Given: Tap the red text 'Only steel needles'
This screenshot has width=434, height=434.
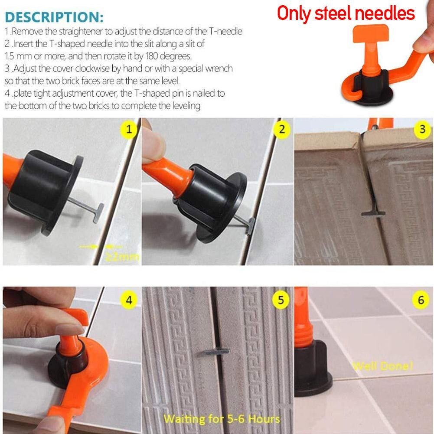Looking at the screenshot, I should [346, 13].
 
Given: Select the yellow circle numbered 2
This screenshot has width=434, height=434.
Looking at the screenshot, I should [282, 129].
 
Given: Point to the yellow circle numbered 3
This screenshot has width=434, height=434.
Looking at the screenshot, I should [422, 129].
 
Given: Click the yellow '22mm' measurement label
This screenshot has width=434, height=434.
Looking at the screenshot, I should [123, 257].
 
